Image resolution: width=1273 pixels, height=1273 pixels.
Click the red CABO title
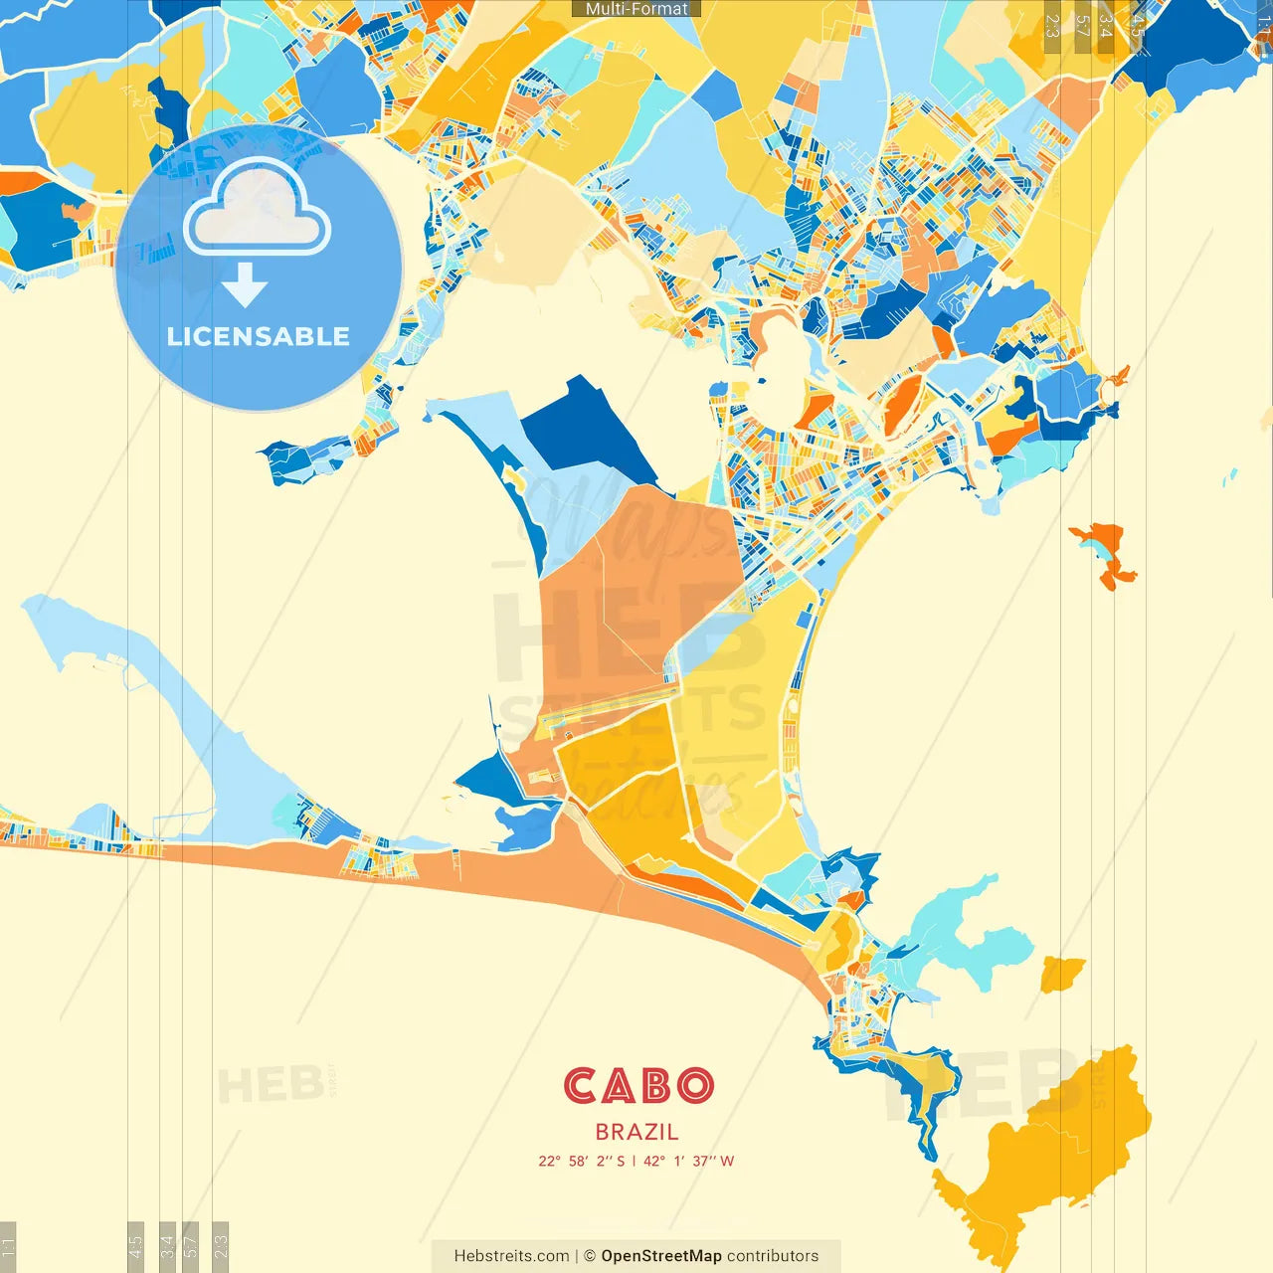[x=638, y=1086]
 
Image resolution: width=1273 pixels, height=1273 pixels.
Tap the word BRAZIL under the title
[x=637, y=1132]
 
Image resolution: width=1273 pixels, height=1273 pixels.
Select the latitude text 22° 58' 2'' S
[x=582, y=1161]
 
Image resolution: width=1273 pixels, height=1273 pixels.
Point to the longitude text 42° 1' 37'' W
[x=689, y=1161]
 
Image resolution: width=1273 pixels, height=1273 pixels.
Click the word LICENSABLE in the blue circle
[x=259, y=336]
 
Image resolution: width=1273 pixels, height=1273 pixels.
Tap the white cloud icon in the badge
[x=257, y=211]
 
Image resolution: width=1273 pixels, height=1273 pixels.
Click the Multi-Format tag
[x=636, y=9]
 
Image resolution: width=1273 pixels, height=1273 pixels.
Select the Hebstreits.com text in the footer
[x=512, y=1256]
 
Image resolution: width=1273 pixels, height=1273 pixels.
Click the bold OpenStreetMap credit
[x=661, y=1256]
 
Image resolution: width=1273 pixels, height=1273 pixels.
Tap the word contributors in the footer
[x=773, y=1256]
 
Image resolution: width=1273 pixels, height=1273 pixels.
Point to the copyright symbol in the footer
[x=589, y=1256]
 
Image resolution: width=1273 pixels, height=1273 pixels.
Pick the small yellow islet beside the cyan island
[x=1062, y=973]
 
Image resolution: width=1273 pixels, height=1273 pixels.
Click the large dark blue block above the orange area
[x=587, y=433]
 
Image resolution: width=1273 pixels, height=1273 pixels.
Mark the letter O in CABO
[x=693, y=1086]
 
